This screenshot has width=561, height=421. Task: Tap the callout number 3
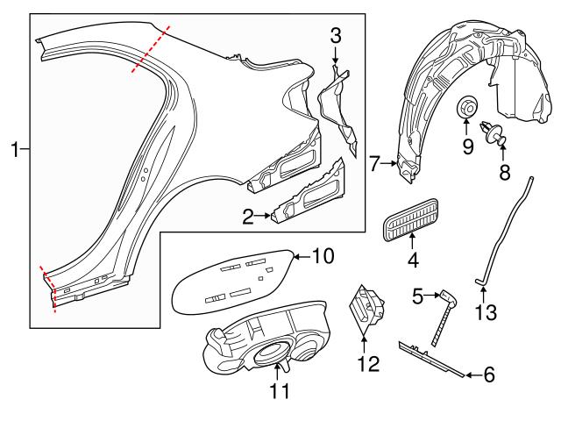(335, 35)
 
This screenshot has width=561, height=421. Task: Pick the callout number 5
(418, 297)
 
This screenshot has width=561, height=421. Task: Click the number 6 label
(489, 375)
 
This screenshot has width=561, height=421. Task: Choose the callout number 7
(374, 162)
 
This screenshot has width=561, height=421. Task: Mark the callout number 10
(324, 256)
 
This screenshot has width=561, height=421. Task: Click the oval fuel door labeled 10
(232, 278)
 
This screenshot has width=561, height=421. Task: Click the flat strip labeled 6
(430, 357)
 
